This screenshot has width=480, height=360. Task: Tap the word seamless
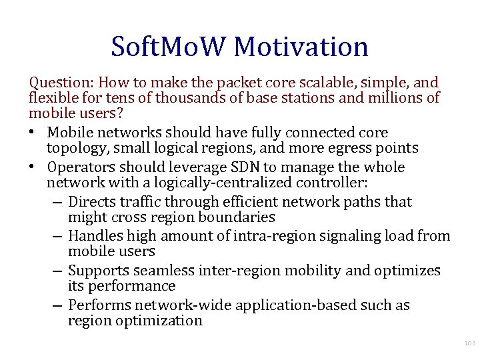[164, 271]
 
